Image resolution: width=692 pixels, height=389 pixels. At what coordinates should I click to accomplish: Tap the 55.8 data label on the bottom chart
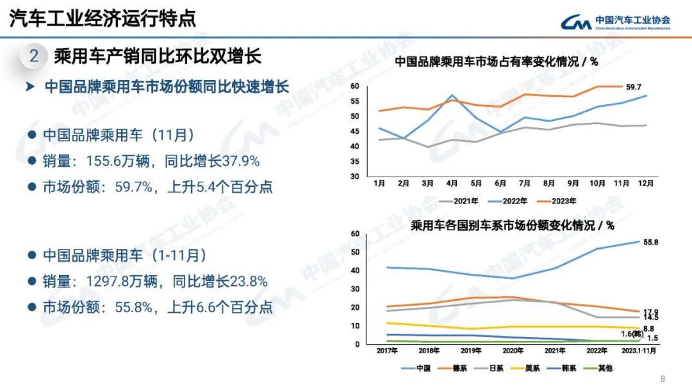tap(651, 242)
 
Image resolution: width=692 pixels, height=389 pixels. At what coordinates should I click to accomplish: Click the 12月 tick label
tap(646, 184)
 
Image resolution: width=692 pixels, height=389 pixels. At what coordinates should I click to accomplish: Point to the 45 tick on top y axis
tap(354, 131)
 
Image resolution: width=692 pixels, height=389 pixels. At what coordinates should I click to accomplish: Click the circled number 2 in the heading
tap(34, 56)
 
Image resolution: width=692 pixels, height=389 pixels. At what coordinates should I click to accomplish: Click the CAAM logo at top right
tap(616, 22)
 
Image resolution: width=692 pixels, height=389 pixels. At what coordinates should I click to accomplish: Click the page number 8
tap(663, 377)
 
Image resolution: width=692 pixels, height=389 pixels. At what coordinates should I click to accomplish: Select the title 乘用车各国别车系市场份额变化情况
tap(511, 225)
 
